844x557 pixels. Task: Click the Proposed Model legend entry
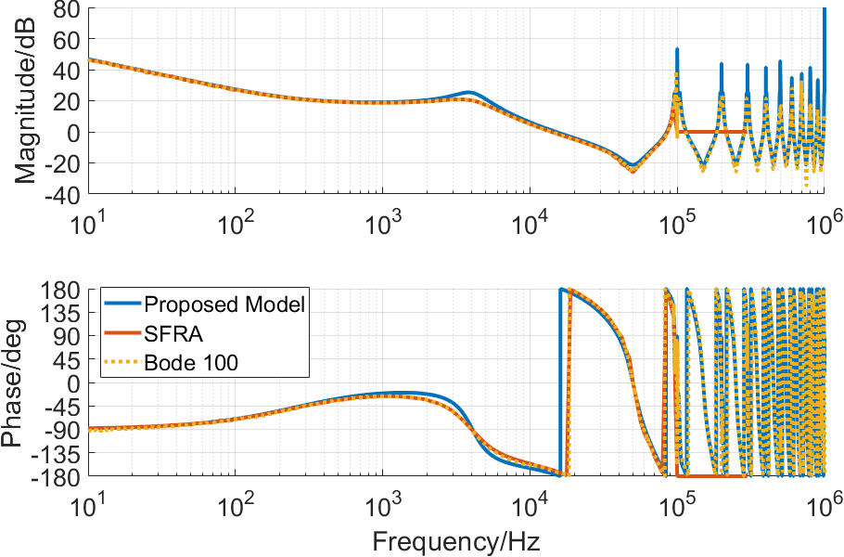[x=225, y=304]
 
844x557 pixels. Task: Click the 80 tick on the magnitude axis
[x=66, y=9]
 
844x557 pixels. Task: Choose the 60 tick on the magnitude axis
[x=66, y=40]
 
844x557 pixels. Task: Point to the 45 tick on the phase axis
[x=66, y=359]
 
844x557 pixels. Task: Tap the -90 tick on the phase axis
[x=60, y=429]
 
